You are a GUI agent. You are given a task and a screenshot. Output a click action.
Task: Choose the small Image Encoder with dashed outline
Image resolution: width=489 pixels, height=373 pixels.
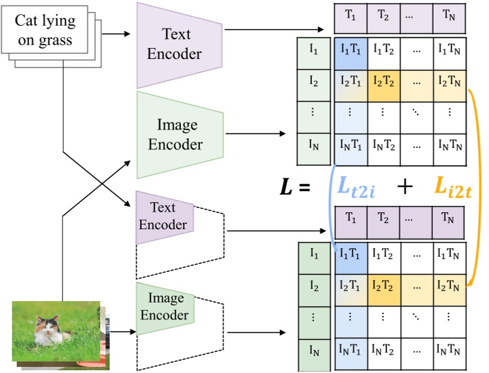point(165,306)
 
